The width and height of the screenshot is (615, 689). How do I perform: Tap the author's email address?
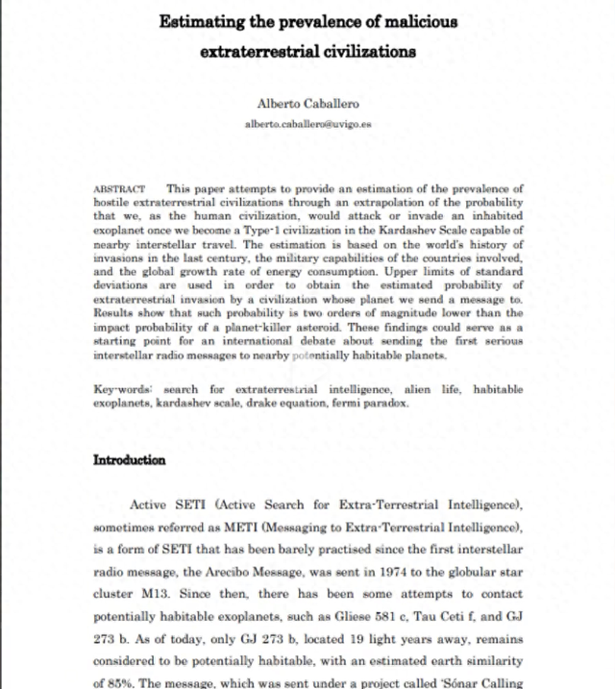pos(307,124)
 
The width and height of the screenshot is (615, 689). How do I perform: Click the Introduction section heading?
pos(129,459)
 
